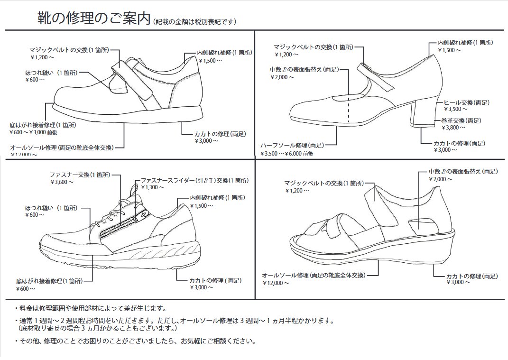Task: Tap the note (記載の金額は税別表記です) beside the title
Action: (194, 22)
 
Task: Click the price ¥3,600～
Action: (62, 182)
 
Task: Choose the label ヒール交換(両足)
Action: (466, 102)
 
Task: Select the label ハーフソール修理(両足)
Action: (292, 145)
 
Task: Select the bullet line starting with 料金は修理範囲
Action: (90, 309)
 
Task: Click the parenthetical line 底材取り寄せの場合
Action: (97, 328)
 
